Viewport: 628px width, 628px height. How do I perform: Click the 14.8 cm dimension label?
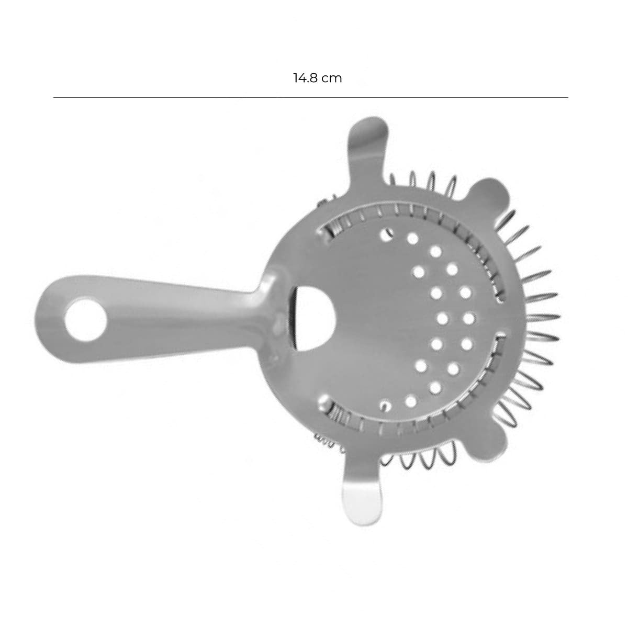318,78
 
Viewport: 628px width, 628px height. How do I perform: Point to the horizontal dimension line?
310,97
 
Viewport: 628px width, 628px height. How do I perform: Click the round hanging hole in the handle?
86,319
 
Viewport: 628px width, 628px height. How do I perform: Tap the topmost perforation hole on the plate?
387,234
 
